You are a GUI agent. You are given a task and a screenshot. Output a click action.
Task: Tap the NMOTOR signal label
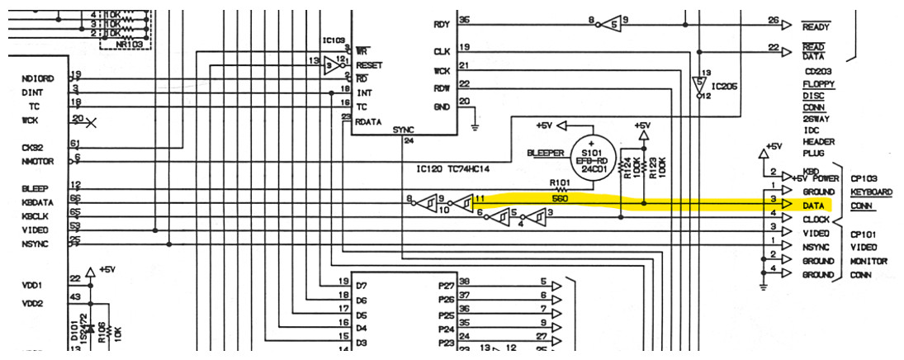[37, 162]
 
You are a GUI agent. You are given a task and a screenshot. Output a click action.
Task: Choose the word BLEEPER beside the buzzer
[547, 154]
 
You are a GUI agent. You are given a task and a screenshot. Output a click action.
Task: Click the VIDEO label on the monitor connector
[816, 233]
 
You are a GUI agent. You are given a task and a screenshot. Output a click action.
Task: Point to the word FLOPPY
[818, 84]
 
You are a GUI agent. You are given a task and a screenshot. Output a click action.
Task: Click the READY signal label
[816, 27]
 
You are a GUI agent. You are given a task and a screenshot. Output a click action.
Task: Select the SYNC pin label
[404, 130]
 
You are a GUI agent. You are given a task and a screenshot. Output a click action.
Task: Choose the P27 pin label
[447, 282]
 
